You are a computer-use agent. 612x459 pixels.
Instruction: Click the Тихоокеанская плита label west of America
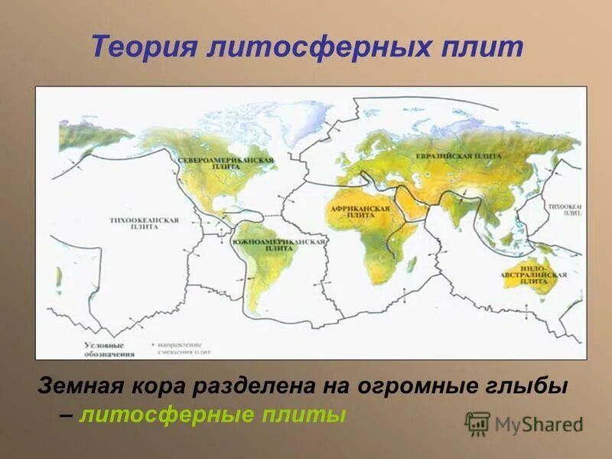pyautogui.click(x=144, y=223)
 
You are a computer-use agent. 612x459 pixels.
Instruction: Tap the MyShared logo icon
pyautogui.click(x=477, y=423)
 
